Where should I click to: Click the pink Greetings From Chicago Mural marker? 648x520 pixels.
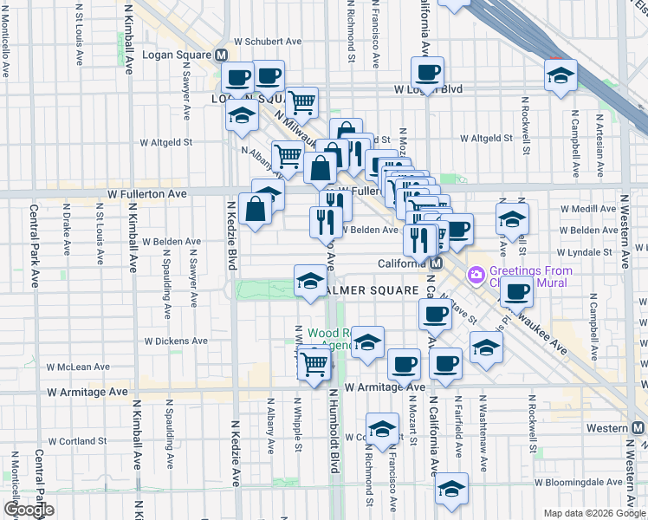(476, 276)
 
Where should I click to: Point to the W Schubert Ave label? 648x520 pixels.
(268, 41)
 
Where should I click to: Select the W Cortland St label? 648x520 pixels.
(77, 441)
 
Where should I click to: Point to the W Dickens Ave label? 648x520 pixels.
(176, 341)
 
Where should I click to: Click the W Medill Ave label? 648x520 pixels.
(589, 209)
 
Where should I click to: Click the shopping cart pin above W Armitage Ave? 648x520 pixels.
(314, 364)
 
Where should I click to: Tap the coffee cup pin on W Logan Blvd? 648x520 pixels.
(426, 74)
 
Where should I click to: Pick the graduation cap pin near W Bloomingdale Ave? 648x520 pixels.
(451, 489)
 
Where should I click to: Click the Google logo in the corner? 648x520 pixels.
(29, 510)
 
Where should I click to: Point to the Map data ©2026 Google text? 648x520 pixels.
(594, 513)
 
